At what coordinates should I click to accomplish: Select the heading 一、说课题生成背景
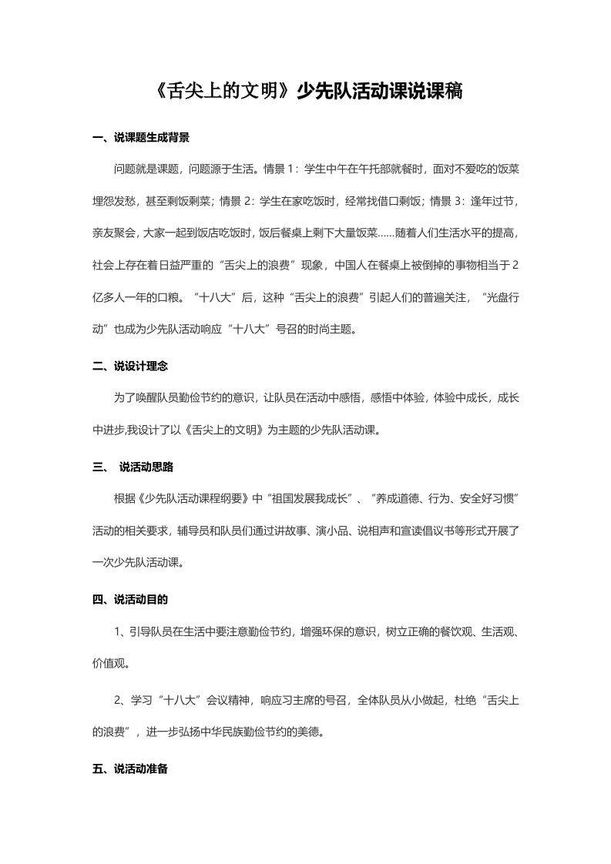[x=140, y=139]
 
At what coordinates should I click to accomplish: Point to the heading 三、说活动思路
[x=135, y=466]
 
